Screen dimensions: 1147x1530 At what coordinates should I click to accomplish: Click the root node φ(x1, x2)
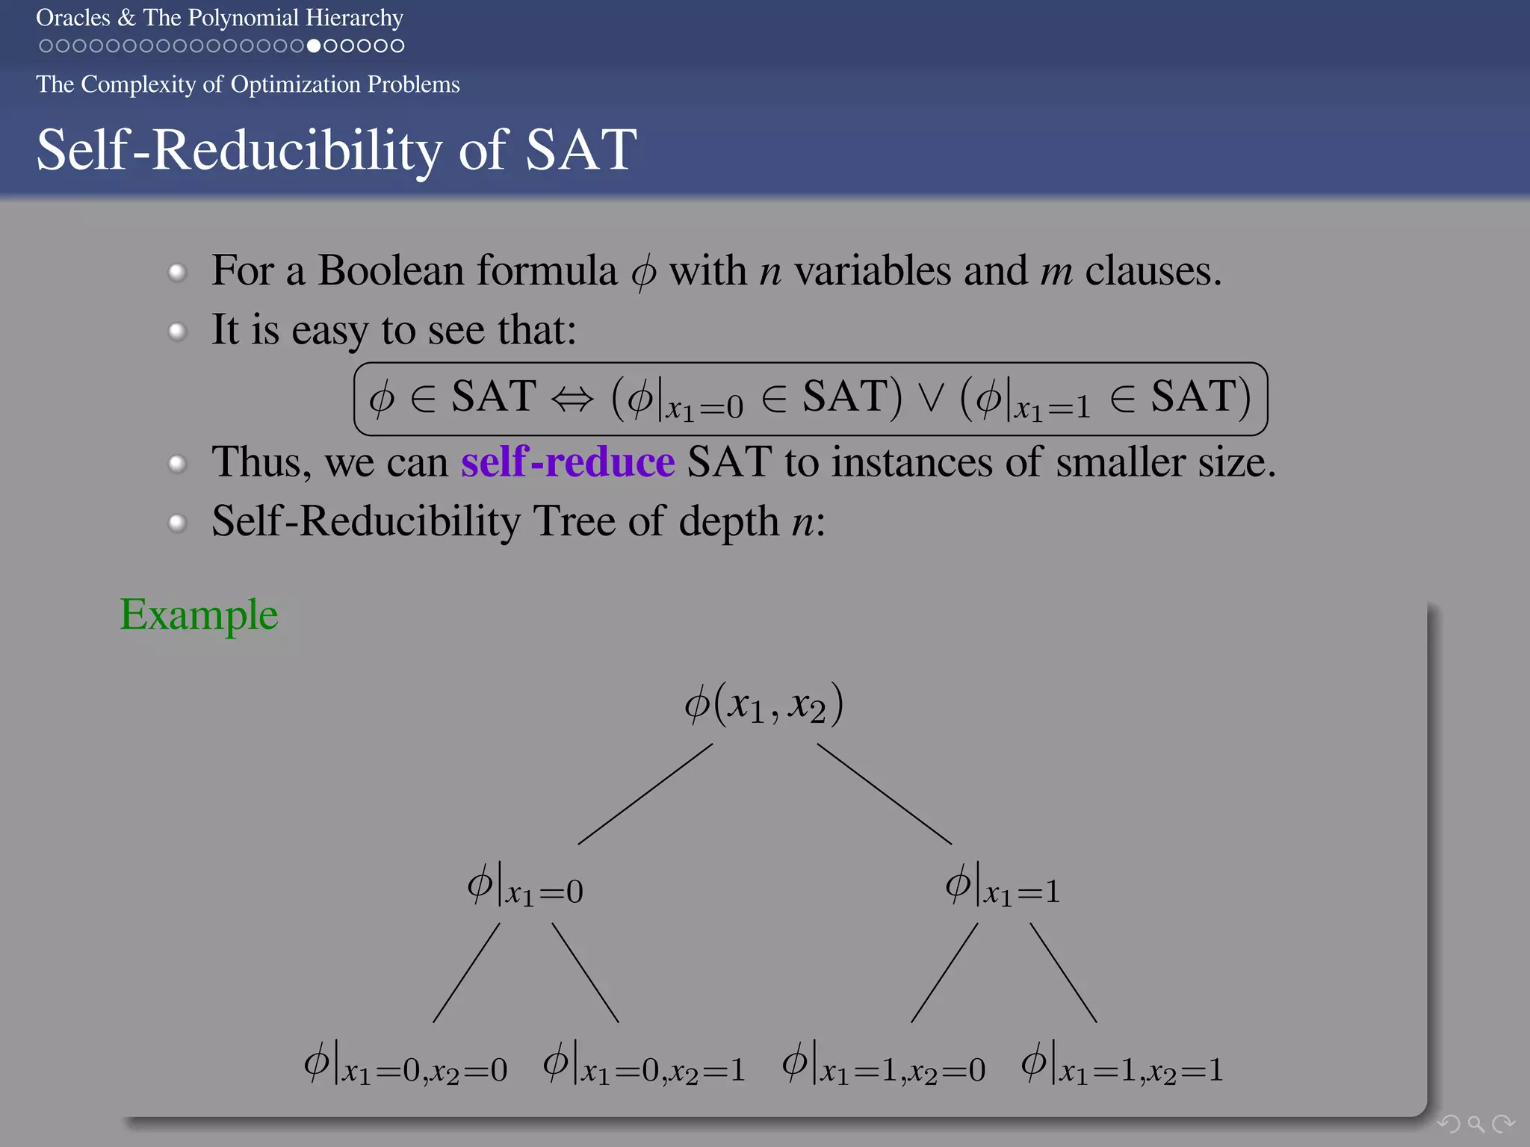(764, 704)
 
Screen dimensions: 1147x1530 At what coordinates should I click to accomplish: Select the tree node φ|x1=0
(525, 886)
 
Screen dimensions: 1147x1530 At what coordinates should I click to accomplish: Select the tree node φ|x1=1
(1003, 886)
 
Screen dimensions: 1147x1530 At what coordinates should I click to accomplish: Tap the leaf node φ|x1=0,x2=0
(406, 1066)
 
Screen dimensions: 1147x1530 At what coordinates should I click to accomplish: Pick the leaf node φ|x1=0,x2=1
(644, 1066)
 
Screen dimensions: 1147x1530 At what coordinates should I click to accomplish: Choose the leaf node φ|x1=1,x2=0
(884, 1066)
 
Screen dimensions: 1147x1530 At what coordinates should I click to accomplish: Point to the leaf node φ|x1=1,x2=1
(1122, 1066)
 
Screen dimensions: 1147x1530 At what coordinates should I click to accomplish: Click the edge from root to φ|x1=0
(645, 794)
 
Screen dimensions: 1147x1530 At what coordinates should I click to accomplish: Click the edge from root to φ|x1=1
(885, 794)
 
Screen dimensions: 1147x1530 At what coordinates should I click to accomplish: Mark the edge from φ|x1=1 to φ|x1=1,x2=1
(1064, 973)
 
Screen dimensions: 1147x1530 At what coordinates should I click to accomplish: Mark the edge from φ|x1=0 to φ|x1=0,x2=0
(466, 973)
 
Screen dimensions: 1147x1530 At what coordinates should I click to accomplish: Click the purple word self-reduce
(568, 462)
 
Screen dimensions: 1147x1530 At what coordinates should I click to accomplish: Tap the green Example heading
(199, 615)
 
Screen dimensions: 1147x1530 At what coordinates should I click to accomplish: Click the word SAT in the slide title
(581, 150)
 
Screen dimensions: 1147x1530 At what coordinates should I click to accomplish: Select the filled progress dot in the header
(314, 46)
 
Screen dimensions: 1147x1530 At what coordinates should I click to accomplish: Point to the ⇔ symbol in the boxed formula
(572, 399)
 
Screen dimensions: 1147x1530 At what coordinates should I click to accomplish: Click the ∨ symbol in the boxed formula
(931, 399)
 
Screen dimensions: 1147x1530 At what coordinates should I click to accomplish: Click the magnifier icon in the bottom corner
(1475, 1123)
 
